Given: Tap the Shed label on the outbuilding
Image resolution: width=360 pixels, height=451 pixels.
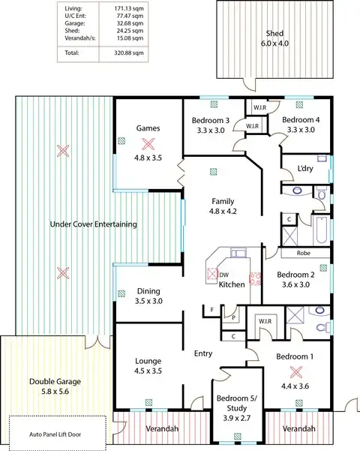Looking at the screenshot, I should click(275, 34).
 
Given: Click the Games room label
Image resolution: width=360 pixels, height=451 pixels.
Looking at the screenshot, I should click(148, 128).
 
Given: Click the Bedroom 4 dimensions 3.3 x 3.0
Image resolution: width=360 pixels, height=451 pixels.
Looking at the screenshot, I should click(301, 130).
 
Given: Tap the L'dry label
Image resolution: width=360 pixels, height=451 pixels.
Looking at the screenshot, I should click(305, 168).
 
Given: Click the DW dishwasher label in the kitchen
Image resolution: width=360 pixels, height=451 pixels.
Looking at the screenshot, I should click(224, 275).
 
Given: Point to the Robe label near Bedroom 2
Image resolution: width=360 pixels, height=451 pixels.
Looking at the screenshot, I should click(303, 254).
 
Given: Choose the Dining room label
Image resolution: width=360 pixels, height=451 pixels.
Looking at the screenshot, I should click(148, 291).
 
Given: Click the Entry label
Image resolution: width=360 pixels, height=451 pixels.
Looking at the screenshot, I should click(202, 353).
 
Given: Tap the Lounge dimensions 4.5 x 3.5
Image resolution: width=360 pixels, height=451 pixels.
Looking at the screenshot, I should click(147, 370).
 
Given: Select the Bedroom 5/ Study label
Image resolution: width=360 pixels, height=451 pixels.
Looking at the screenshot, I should click(233, 403).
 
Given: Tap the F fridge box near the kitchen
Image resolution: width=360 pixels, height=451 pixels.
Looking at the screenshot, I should click(212, 309).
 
